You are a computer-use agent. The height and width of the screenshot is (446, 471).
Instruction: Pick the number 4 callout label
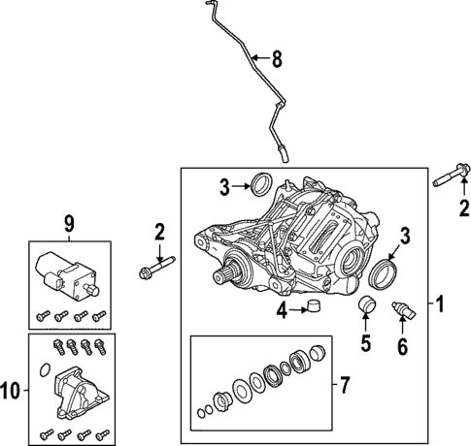(x=280, y=311)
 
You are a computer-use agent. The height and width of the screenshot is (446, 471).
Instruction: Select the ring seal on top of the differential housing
(x=261, y=183)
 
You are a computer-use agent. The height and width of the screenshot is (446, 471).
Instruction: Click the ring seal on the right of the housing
(x=386, y=273)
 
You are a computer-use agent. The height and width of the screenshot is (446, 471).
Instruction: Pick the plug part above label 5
(x=365, y=308)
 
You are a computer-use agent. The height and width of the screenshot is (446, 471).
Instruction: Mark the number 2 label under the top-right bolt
(x=464, y=207)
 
